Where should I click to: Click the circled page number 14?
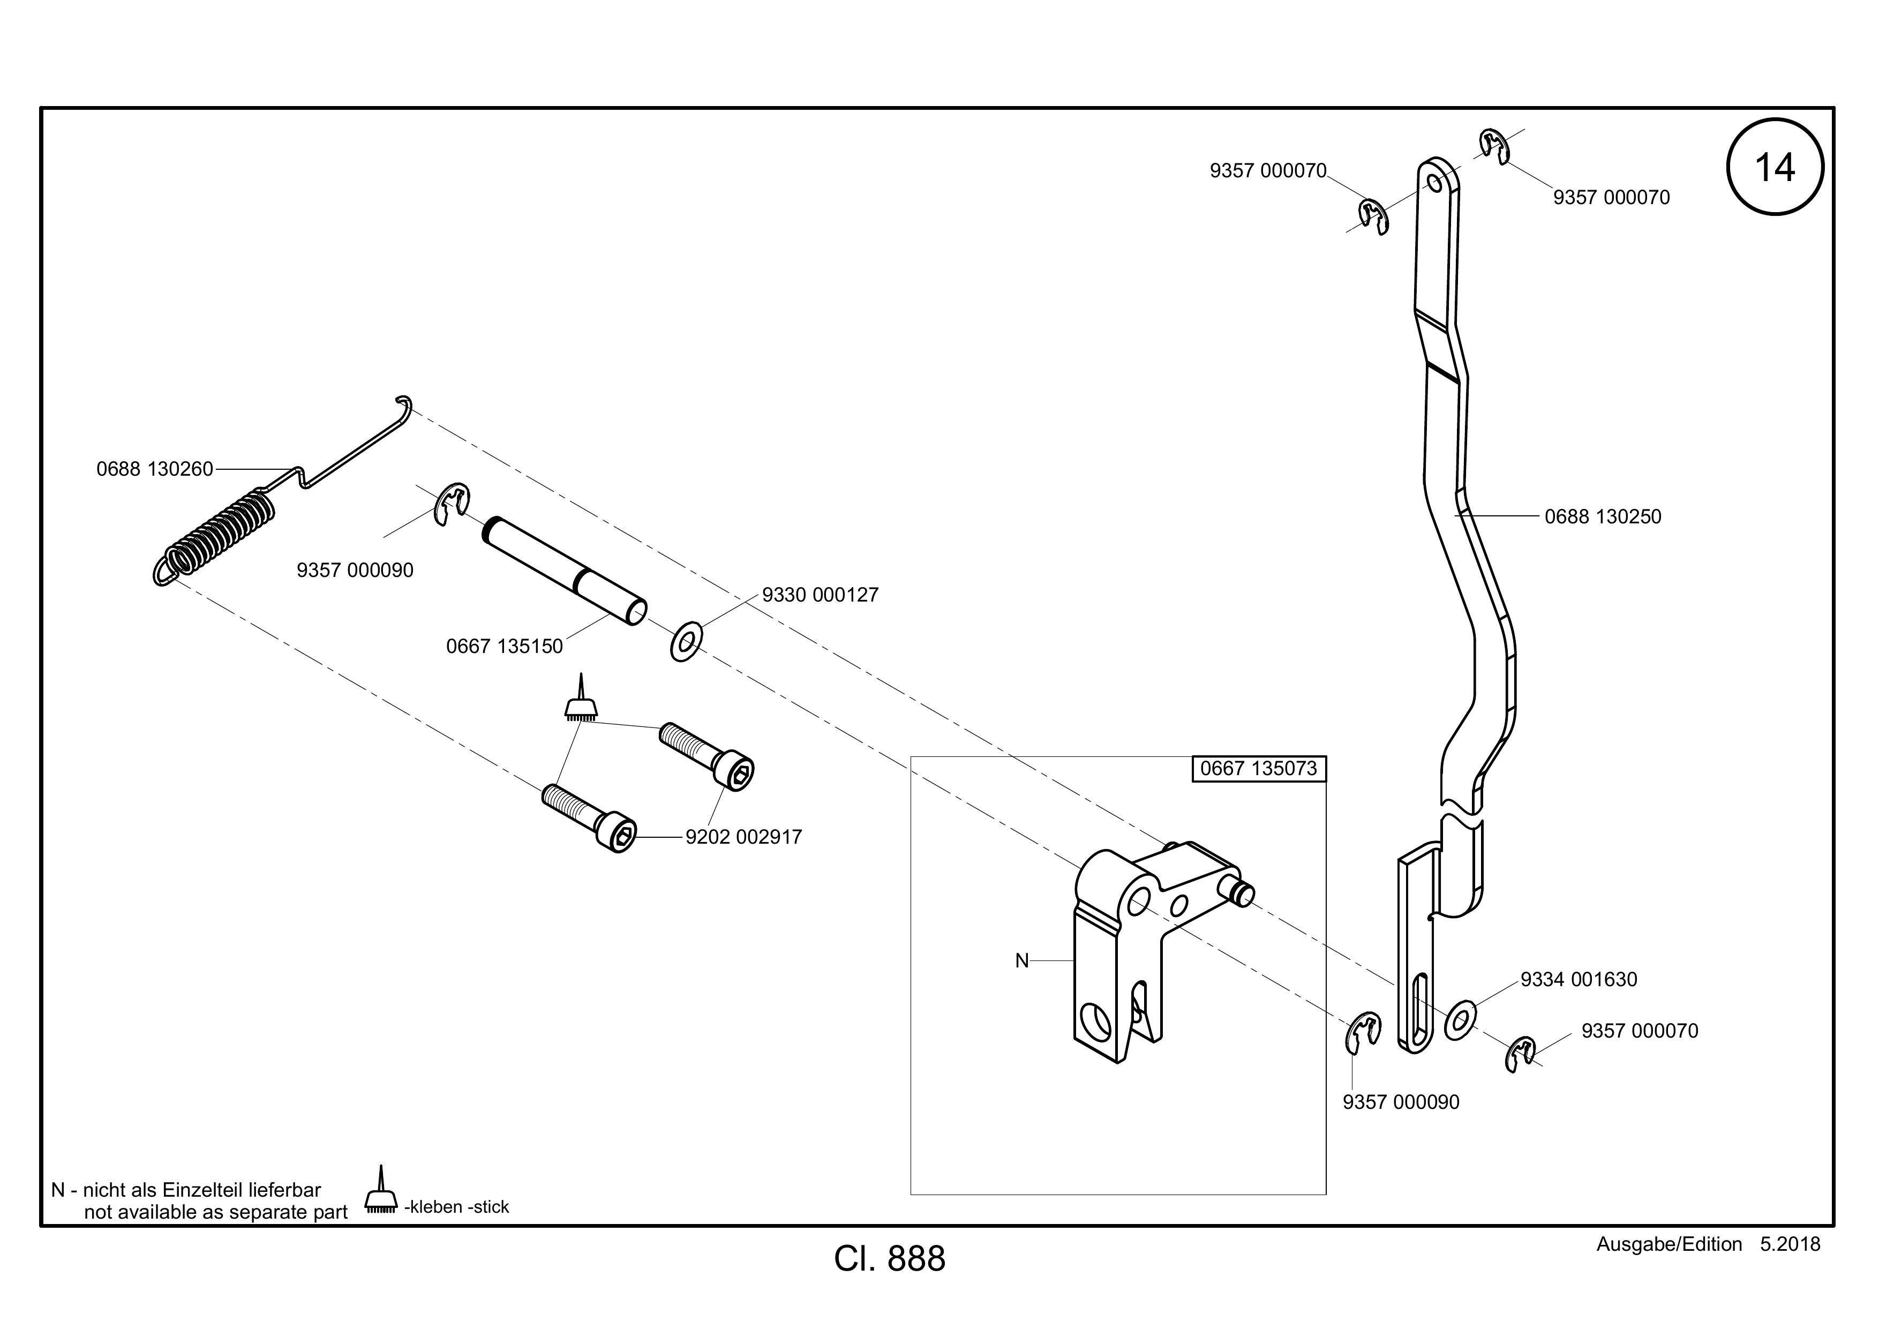(1775, 168)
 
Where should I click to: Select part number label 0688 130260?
(155, 469)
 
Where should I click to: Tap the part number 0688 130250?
(1603, 516)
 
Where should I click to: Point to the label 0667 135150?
(504, 647)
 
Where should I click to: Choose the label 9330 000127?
(820, 595)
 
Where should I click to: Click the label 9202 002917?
(744, 837)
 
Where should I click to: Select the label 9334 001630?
(1579, 980)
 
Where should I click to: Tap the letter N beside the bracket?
(1021, 961)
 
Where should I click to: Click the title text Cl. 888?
(890, 1259)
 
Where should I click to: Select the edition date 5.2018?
(1791, 1244)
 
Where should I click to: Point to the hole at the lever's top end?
(1434, 181)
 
